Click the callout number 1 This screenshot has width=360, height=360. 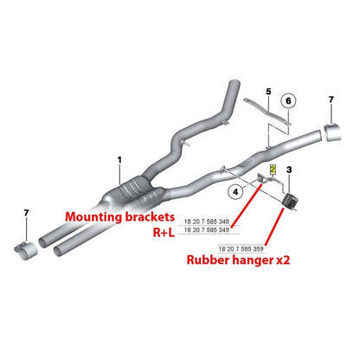pyautogui.click(x=119, y=159)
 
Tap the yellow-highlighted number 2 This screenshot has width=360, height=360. pyautogui.click(x=273, y=170)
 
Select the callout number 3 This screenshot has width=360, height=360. pyautogui.click(x=289, y=170)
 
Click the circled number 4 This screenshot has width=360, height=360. pyautogui.click(x=236, y=191)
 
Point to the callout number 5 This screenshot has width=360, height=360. pyautogui.click(x=268, y=92)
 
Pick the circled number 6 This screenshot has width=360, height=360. pyautogui.click(x=288, y=100)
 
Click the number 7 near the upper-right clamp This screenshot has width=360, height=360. pyautogui.click(x=331, y=100)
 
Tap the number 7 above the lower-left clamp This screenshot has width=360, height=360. pyautogui.click(x=26, y=213)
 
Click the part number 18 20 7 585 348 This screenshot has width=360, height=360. pyautogui.click(x=207, y=222)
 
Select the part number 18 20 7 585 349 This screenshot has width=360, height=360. pyautogui.click(x=207, y=230)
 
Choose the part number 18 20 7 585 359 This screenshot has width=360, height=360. pyautogui.click(x=241, y=248)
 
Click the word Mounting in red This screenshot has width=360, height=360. pyautogui.click(x=93, y=217)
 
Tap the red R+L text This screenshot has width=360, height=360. pyautogui.click(x=164, y=233)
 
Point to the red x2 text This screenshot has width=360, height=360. pyautogui.click(x=283, y=260)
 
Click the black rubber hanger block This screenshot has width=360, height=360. pyautogui.click(x=290, y=202)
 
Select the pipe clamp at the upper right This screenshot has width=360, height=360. pyautogui.click(x=331, y=132)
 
